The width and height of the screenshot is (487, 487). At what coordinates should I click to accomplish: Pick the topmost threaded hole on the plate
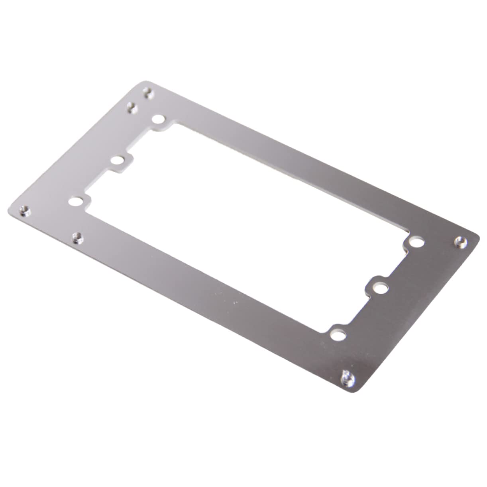click(149, 94)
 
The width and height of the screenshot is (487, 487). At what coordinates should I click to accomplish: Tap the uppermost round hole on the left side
click(158, 119)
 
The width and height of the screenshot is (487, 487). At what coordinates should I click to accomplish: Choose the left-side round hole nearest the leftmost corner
click(74, 201)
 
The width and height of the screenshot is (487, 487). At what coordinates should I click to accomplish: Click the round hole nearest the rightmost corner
click(416, 242)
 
